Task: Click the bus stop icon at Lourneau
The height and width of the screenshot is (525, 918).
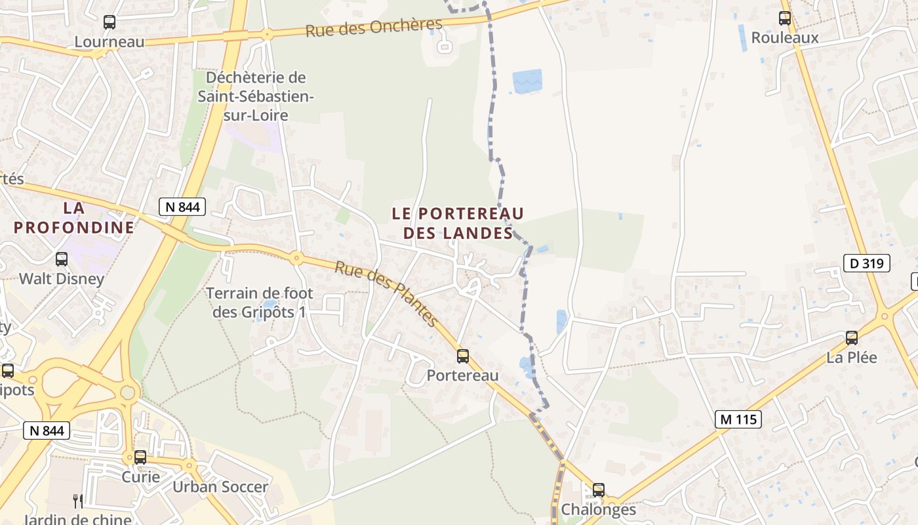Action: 110,22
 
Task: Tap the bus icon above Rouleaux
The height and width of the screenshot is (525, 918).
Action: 785,18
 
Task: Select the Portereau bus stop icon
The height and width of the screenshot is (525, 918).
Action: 463,356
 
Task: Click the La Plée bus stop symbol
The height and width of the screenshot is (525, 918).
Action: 852,338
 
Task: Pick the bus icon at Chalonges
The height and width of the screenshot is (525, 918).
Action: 599,490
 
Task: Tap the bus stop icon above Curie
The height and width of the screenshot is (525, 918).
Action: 140,457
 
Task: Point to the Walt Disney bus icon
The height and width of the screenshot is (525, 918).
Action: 62,259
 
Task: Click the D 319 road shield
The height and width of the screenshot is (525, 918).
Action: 867,264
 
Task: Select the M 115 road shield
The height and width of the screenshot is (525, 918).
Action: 738,419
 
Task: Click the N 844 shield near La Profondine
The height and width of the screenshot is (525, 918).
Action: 182,207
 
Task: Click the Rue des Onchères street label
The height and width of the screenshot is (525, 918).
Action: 374,27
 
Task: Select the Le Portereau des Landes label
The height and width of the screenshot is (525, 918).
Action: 458,223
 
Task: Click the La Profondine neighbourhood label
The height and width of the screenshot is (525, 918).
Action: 74,218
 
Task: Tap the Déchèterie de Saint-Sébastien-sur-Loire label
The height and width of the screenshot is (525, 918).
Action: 256,96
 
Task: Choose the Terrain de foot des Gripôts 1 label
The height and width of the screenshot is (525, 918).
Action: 260,303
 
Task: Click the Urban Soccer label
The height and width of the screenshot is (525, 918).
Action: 220,487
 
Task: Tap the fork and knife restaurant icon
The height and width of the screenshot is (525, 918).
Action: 78,501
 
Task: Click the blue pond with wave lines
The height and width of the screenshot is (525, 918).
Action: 527,81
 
